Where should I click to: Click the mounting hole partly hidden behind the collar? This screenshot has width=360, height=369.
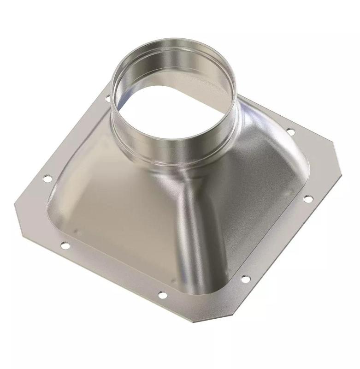[107, 98]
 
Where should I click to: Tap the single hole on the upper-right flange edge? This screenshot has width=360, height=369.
[291, 132]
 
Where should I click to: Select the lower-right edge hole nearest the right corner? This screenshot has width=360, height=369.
[308, 199]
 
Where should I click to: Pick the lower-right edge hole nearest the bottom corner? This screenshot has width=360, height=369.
[245, 279]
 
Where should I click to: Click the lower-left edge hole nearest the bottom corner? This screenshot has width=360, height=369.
[162, 294]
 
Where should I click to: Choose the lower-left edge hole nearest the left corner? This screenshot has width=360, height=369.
[65, 246]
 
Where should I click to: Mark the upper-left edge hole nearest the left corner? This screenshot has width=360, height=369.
[47, 178]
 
